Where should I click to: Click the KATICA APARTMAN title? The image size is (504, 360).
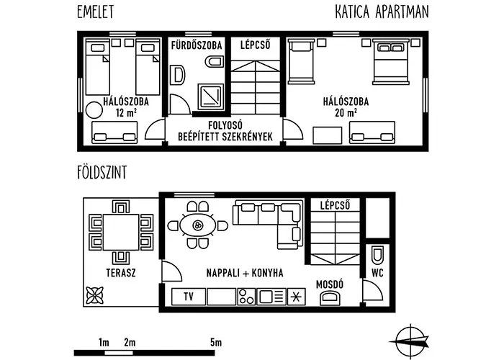(383, 12)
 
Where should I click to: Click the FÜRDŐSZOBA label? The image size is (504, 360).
(197, 45)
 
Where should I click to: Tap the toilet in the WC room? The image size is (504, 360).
(377, 256)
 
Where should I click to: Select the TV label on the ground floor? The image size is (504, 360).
(189, 296)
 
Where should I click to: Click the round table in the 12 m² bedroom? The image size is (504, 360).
(94, 110)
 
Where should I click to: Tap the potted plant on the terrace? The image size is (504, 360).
(94, 294)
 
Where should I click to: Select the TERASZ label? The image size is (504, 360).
(120, 274)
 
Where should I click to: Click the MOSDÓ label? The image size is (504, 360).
(330, 284)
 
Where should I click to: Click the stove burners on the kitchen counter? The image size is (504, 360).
(246, 296)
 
